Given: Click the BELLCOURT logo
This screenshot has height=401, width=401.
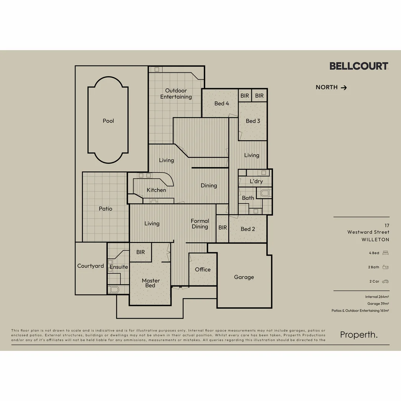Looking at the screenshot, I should (359, 66).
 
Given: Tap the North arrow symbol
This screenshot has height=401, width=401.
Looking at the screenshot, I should (344, 88).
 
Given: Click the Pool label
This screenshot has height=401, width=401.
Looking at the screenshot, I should (108, 121).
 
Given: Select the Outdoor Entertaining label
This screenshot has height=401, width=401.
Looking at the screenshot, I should (176, 94).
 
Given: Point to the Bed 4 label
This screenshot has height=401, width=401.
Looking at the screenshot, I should (222, 104).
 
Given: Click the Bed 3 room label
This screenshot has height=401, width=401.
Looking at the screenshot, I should (253, 121).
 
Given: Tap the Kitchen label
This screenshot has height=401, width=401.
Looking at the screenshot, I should (156, 190).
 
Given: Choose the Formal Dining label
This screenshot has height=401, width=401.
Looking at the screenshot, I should (200, 224).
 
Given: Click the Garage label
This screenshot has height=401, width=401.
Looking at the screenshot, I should (244, 277).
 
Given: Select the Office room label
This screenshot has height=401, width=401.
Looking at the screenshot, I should (203, 270).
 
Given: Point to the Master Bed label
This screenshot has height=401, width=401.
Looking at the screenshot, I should (151, 283).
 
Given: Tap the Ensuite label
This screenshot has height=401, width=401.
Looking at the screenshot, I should (119, 267).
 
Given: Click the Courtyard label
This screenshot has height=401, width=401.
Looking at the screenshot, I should (91, 266).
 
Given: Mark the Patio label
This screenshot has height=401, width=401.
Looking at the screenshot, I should (105, 209).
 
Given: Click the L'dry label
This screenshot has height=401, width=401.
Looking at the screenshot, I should (256, 181).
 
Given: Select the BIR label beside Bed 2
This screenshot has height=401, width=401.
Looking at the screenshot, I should (222, 228).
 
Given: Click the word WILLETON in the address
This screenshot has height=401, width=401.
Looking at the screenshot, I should (375, 240).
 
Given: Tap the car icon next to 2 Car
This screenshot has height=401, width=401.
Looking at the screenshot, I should (385, 281).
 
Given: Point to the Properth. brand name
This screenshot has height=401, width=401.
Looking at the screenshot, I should (359, 335).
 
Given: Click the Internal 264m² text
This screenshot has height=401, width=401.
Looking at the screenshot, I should (377, 297).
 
